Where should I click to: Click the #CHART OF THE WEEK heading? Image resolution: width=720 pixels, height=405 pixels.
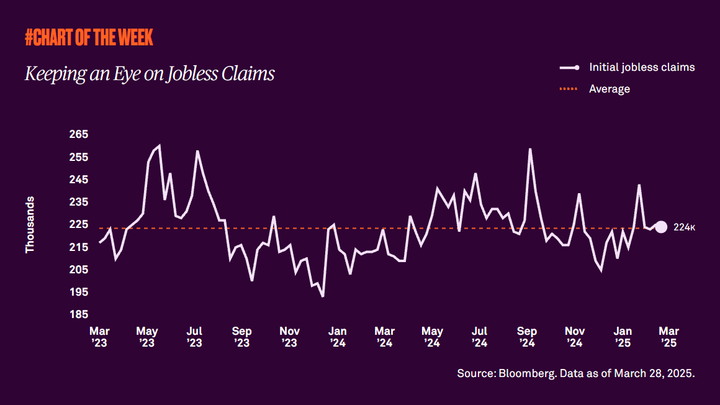(x=89, y=38)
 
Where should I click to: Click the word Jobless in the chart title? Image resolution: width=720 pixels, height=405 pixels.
(x=193, y=74)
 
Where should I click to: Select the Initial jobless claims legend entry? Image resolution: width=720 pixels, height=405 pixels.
(x=641, y=67)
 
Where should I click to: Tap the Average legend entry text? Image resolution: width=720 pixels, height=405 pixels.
(x=609, y=89)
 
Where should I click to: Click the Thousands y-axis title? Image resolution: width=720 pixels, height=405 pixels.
(x=30, y=225)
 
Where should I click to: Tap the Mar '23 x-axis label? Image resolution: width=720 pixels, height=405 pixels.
(x=99, y=336)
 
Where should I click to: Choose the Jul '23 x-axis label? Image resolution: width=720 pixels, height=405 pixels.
(x=194, y=336)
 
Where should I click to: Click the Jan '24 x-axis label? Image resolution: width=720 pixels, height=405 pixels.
(x=337, y=336)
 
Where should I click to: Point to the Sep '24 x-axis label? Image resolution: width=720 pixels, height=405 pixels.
(x=527, y=336)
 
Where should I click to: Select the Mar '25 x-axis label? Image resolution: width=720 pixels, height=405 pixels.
(x=668, y=336)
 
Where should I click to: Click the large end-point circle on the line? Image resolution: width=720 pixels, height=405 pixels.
(x=661, y=227)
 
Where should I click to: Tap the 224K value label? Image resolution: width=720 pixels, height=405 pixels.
(x=684, y=228)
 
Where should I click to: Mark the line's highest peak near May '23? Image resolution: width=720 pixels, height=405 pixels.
(x=160, y=146)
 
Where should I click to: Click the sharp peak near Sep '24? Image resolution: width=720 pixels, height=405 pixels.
(x=530, y=149)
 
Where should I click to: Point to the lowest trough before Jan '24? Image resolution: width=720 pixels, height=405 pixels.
(x=323, y=296)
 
